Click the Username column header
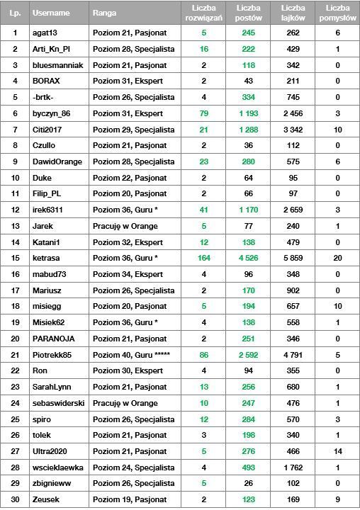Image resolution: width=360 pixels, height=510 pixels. tap(51, 13)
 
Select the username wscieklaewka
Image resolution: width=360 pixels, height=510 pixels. tap(57, 467)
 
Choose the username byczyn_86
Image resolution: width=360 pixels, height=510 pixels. tap(52, 113)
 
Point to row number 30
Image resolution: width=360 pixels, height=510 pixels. tap(15, 500)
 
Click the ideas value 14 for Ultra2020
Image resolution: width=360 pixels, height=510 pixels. tap(337, 451)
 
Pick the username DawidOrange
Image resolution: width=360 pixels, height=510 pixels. tap(57, 161)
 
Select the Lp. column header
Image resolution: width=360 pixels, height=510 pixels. tap(15, 13)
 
